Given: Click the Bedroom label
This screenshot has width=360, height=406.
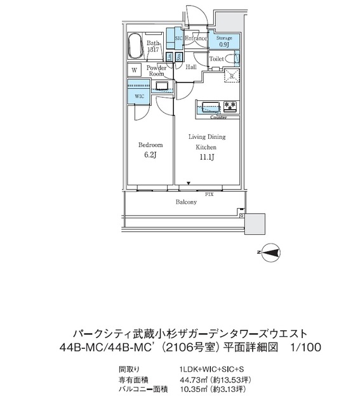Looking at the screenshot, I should pos(150,145).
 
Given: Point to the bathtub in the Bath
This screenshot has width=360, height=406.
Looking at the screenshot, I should pos(135,46).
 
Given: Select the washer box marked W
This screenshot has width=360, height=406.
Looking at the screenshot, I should pos(135,70).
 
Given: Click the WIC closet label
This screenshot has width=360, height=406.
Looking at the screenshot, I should pos(140,96).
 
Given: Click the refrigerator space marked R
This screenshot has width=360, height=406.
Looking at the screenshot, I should pos(232,76).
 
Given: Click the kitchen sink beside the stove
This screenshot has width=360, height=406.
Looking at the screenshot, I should pos(211,105).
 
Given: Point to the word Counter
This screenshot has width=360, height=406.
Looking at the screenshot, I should pos(218,117).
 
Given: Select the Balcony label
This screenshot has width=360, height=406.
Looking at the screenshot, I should pos(186,202).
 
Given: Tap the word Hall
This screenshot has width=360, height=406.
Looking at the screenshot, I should pos(190,67).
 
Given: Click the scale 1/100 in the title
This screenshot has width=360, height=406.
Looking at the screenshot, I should pos(305,347).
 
